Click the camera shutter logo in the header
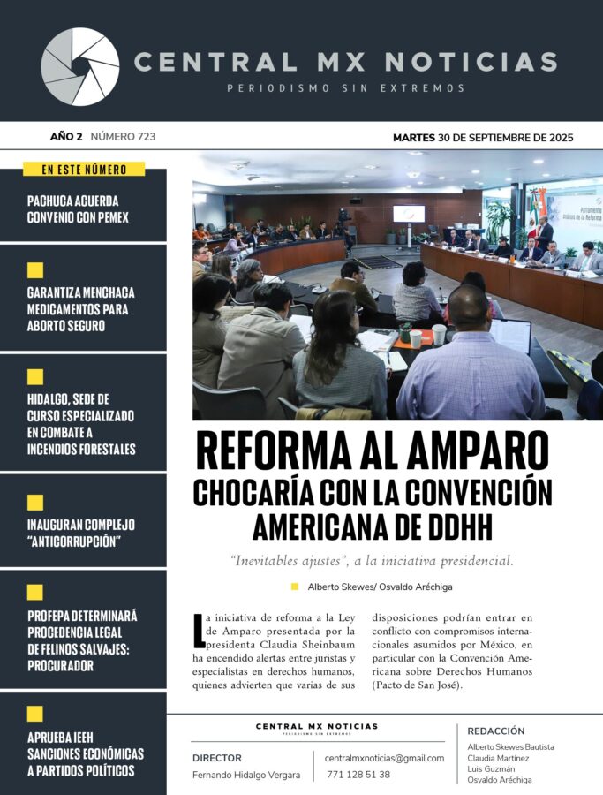tap(80, 67)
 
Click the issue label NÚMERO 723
tap(123, 136)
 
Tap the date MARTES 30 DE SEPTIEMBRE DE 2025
tap(482, 137)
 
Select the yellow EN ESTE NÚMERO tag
tap(84, 170)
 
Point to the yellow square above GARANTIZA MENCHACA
tap(35, 270)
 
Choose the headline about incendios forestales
tap(81, 424)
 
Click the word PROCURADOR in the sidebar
tap(60, 665)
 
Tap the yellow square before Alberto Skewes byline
tap(295, 586)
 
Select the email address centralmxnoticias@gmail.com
tap(384, 758)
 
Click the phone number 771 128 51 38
tap(358, 775)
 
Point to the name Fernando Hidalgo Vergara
tap(246, 775)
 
